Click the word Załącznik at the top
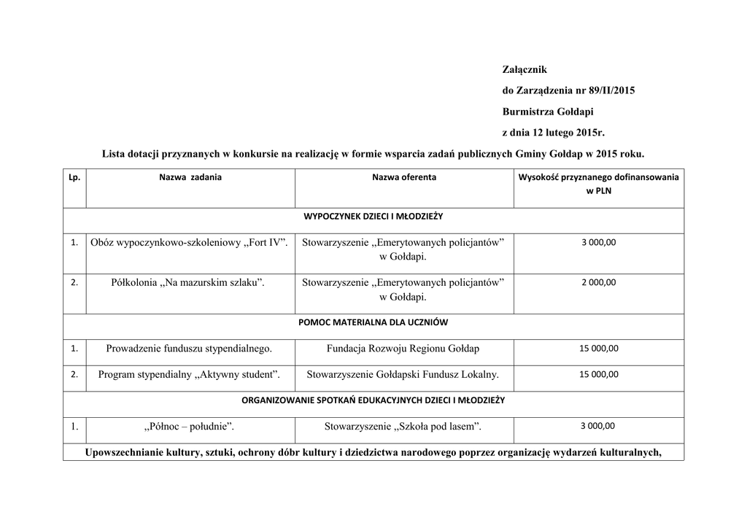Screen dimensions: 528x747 point(525,69)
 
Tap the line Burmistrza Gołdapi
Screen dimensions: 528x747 point(548,112)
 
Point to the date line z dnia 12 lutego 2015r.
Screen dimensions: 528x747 point(554,133)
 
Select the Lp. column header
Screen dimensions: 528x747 point(74,177)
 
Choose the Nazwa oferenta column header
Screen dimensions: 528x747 point(404,177)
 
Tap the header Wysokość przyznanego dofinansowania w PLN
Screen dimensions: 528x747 point(598,184)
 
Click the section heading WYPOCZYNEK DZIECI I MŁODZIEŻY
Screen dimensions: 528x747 point(373,217)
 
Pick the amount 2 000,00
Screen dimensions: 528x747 point(598,282)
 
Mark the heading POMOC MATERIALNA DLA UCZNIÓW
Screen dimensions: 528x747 point(373,322)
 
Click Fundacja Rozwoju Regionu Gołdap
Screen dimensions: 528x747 point(403,349)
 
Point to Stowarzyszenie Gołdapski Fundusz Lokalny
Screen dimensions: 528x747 point(403,375)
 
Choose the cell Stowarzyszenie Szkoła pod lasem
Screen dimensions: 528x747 point(403,427)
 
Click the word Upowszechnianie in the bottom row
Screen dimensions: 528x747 point(123,452)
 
